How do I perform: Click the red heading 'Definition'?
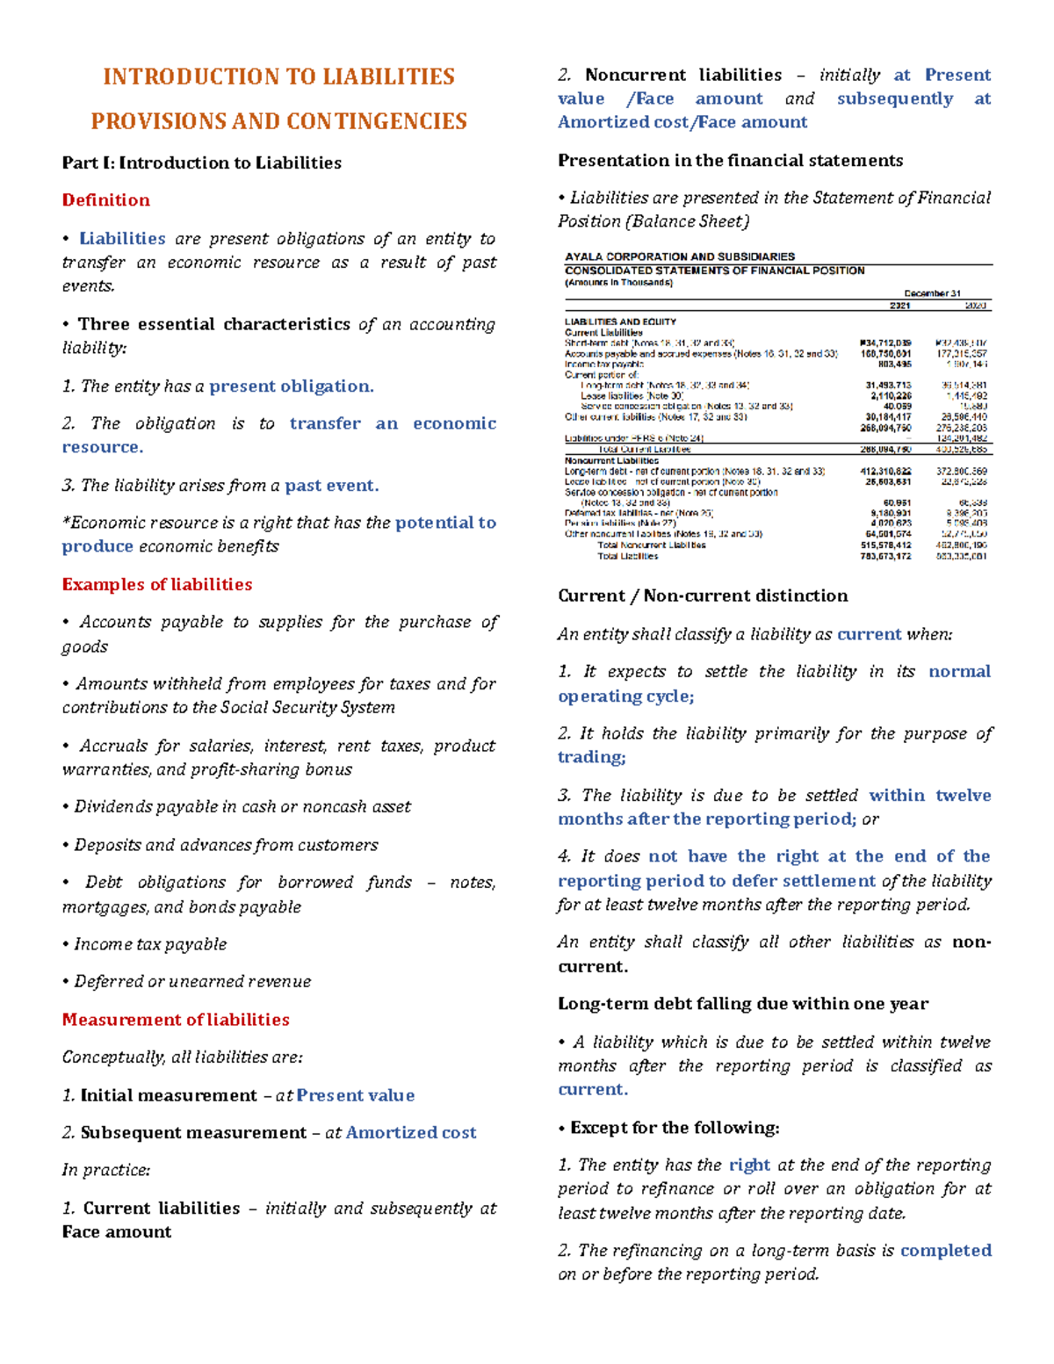pos(105,200)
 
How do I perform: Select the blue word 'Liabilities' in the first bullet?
pos(122,239)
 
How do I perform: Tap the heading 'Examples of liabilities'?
pos(156,585)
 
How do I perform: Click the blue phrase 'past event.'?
pos(331,486)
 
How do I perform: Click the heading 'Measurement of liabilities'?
pos(176,1020)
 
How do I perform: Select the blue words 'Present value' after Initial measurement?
pos(355,1095)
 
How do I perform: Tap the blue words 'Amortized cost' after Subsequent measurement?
pos(410,1133)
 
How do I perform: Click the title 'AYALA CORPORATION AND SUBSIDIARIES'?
pos(679,257)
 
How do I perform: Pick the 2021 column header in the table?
pos(899,306)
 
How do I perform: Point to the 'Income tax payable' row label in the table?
pos(604,364)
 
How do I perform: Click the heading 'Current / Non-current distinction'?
pos(703,596)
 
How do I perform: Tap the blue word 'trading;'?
pos(591,757)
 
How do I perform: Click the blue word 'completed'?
pos(945,1251)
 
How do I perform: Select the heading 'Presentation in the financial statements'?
pos(730,161)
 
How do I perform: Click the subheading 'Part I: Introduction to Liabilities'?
pos(201,162)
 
